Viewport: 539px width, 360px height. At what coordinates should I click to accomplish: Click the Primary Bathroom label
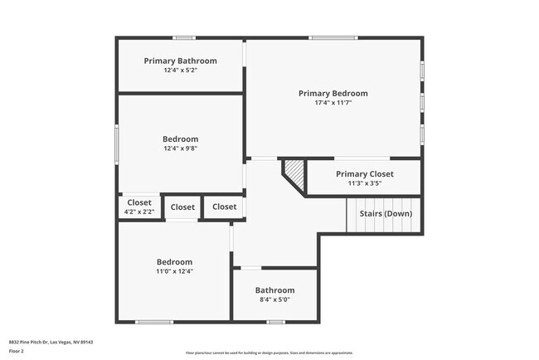[x=180, y=61]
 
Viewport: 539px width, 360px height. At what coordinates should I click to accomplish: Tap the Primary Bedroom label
[x=333, y=94]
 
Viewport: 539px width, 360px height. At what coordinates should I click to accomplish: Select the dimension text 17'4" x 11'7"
[x=333, y=103]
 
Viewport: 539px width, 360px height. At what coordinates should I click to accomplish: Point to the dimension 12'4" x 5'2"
[x=180, y=71]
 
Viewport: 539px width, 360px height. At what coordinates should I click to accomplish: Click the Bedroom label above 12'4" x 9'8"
[x=180, y=139]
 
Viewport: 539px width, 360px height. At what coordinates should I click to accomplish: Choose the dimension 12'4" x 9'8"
[x=180, y=149]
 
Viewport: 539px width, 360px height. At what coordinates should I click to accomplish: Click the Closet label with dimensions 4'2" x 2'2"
[x=139, y=202]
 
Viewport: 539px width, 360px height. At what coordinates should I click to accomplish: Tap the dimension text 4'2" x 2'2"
[x=139, y=212]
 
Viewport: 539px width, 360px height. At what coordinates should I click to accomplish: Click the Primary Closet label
[x=364, y=173]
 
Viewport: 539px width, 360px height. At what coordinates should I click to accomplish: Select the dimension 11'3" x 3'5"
[x=364, y=183]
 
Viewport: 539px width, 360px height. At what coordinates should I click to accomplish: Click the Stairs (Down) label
[x=385, y=214]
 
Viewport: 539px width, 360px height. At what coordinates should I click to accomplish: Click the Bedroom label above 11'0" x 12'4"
[x=175, y=261]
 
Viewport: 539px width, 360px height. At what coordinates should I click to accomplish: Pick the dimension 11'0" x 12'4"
[x=175, y=271]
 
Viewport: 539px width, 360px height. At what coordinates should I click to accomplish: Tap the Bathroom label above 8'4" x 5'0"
[x=274, y=290]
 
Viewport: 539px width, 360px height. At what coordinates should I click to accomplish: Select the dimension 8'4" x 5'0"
[x=274, y=300]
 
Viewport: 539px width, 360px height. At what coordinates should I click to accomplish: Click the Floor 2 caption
[x=17, y=350]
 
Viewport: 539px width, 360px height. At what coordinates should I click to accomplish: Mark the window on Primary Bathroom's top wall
[x=184, y=37]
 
